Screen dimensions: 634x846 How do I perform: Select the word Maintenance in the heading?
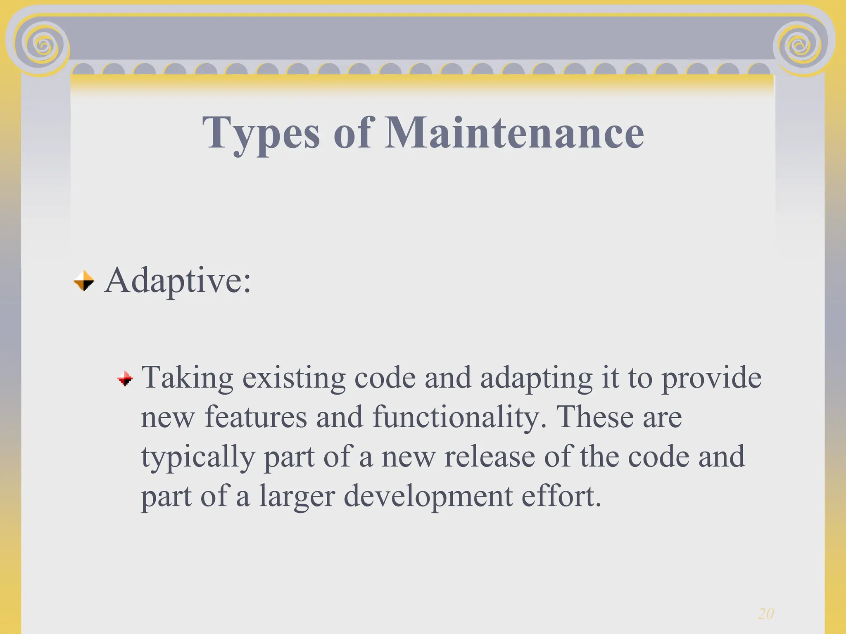point(514,132)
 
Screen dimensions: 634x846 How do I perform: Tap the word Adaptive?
point(177,281)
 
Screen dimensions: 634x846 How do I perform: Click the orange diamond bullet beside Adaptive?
point(84,281)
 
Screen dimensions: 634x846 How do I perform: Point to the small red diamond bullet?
point(125,378)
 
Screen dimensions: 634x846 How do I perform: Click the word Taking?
point(187,378)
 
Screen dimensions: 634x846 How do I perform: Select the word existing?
point(294,378)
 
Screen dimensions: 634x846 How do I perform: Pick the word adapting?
point(536,378)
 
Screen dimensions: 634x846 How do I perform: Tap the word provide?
point(711,378)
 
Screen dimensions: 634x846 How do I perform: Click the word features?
point(256,417)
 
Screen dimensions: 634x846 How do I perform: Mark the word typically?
point(198,457)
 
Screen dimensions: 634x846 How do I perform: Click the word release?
point(489,457)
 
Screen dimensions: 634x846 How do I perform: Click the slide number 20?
point(765,614)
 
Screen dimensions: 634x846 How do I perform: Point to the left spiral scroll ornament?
point(42,45)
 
